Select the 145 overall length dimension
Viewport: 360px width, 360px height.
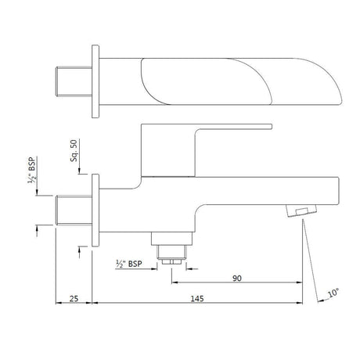[x=197, y=298]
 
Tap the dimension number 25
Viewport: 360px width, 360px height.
[x=73, y=298]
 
